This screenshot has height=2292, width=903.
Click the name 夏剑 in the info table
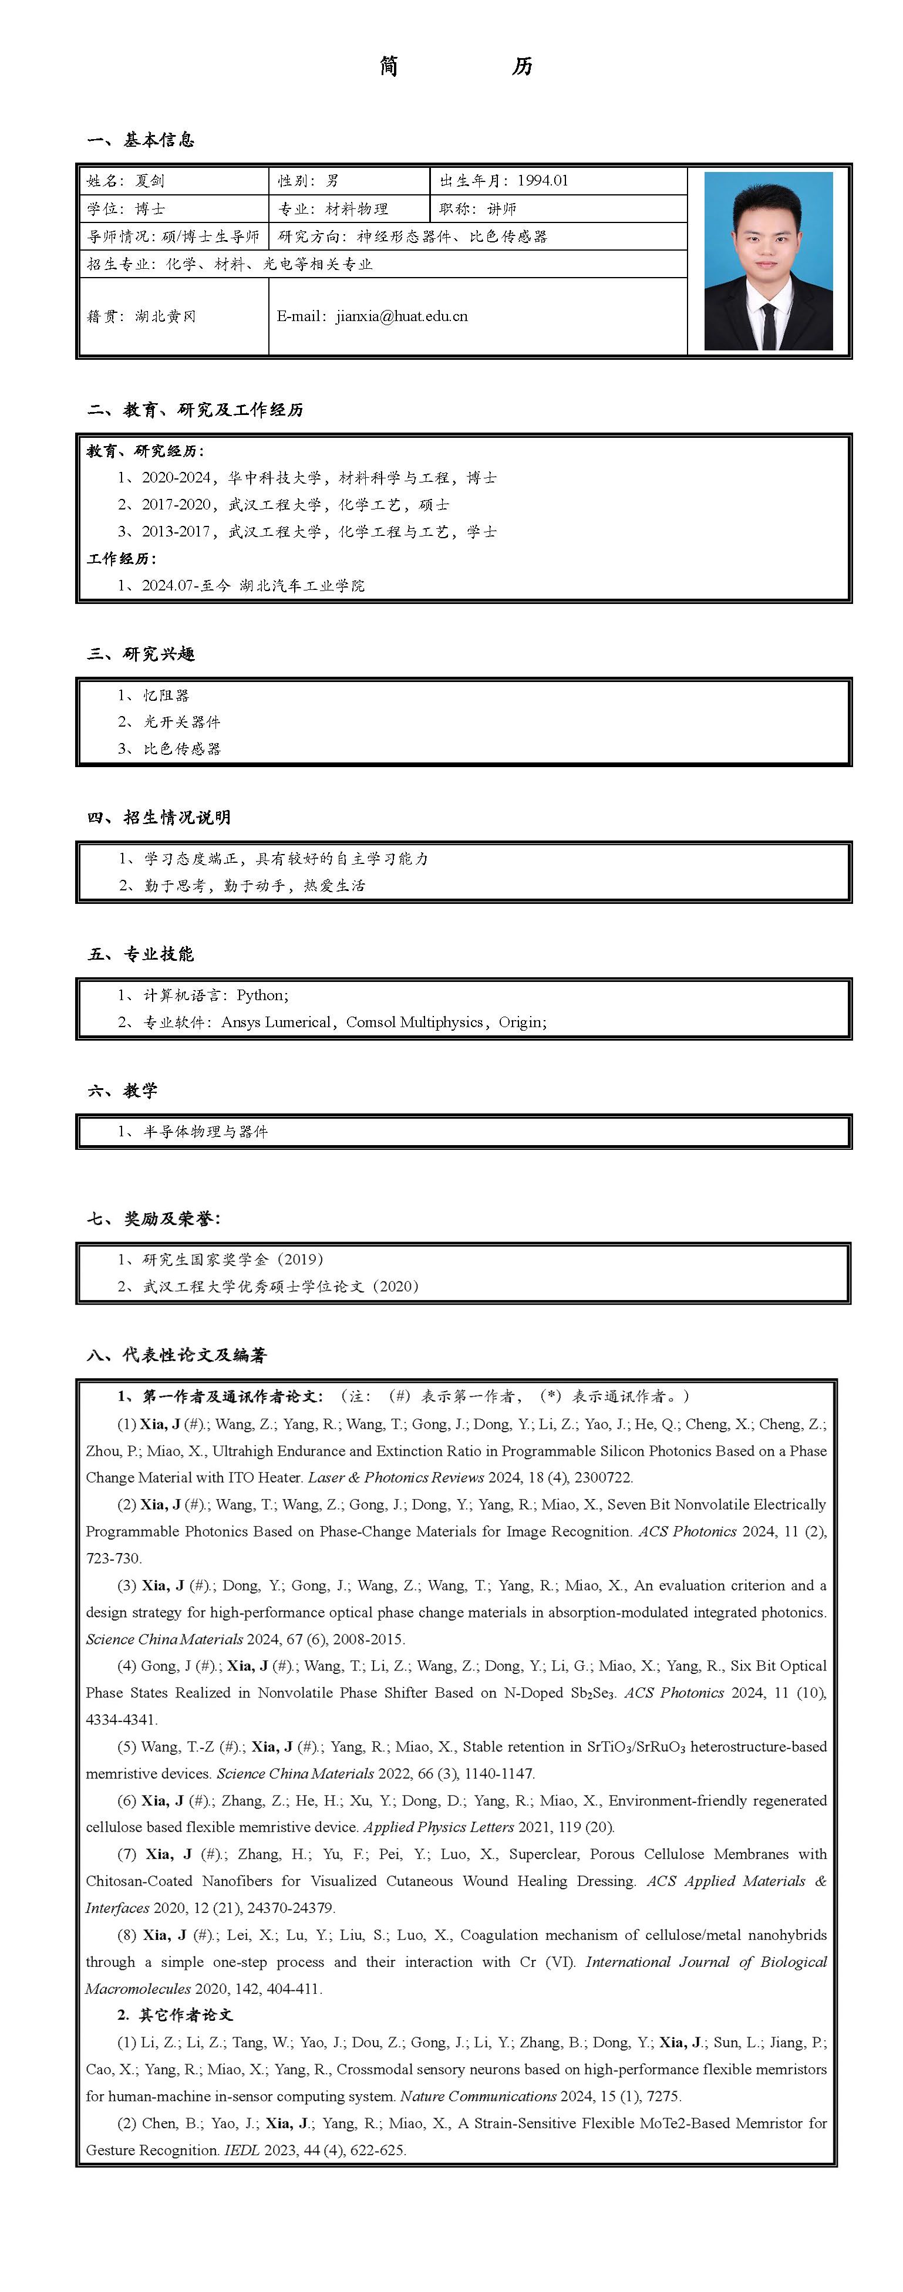pos(150,181)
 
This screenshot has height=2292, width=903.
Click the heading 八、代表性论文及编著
pos(177,1354)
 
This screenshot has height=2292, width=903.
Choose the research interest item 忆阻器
pos(166,695)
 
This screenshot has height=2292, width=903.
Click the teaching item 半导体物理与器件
pos(205,1131)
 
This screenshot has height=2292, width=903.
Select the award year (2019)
pos(300,1259)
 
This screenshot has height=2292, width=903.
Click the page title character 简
pos(389,66)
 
